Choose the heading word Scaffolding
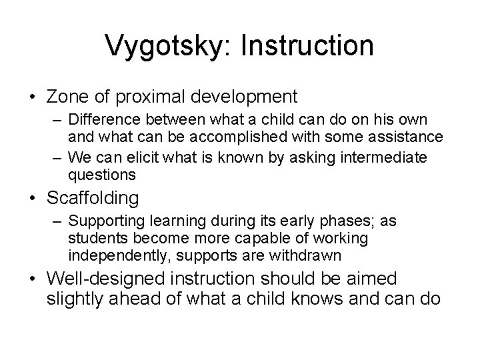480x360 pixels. pos(93,198)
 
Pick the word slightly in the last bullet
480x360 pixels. pos(75,298)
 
